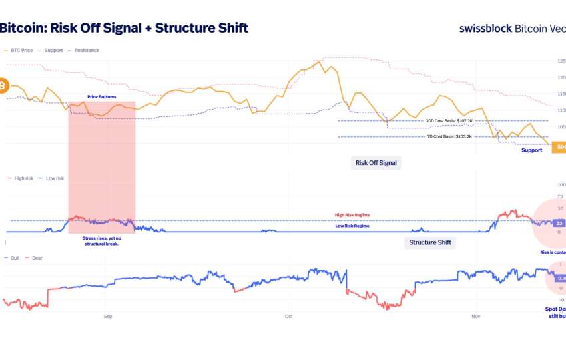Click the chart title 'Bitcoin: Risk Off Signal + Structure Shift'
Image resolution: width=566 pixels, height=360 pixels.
[x=124, y=28]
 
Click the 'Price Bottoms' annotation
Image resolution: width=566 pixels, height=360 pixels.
[x=101, y=98]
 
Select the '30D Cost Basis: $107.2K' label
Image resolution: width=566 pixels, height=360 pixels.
[x=449, y=121]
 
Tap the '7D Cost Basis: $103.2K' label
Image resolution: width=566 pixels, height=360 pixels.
[x=449, y=136]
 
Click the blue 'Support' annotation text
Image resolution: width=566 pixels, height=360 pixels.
[x=531, y=150]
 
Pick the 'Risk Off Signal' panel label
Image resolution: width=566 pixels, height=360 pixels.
[x=376, y=162]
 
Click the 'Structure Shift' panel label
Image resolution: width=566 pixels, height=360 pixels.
[x=429, y=242]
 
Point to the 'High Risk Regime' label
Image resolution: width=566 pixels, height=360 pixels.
[x=352, y=215]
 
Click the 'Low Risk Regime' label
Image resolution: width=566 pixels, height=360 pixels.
[x=352, y=226]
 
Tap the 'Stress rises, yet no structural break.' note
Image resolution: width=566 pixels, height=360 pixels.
[x=101, y=240]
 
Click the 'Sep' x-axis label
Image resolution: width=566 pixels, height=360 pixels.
[x=108, y=317]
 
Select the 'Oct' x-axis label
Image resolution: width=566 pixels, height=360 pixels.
[x=288, y=317]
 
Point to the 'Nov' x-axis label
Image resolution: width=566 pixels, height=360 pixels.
[x=475, y=317]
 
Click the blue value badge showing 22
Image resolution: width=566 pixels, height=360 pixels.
[x=559, y=224]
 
